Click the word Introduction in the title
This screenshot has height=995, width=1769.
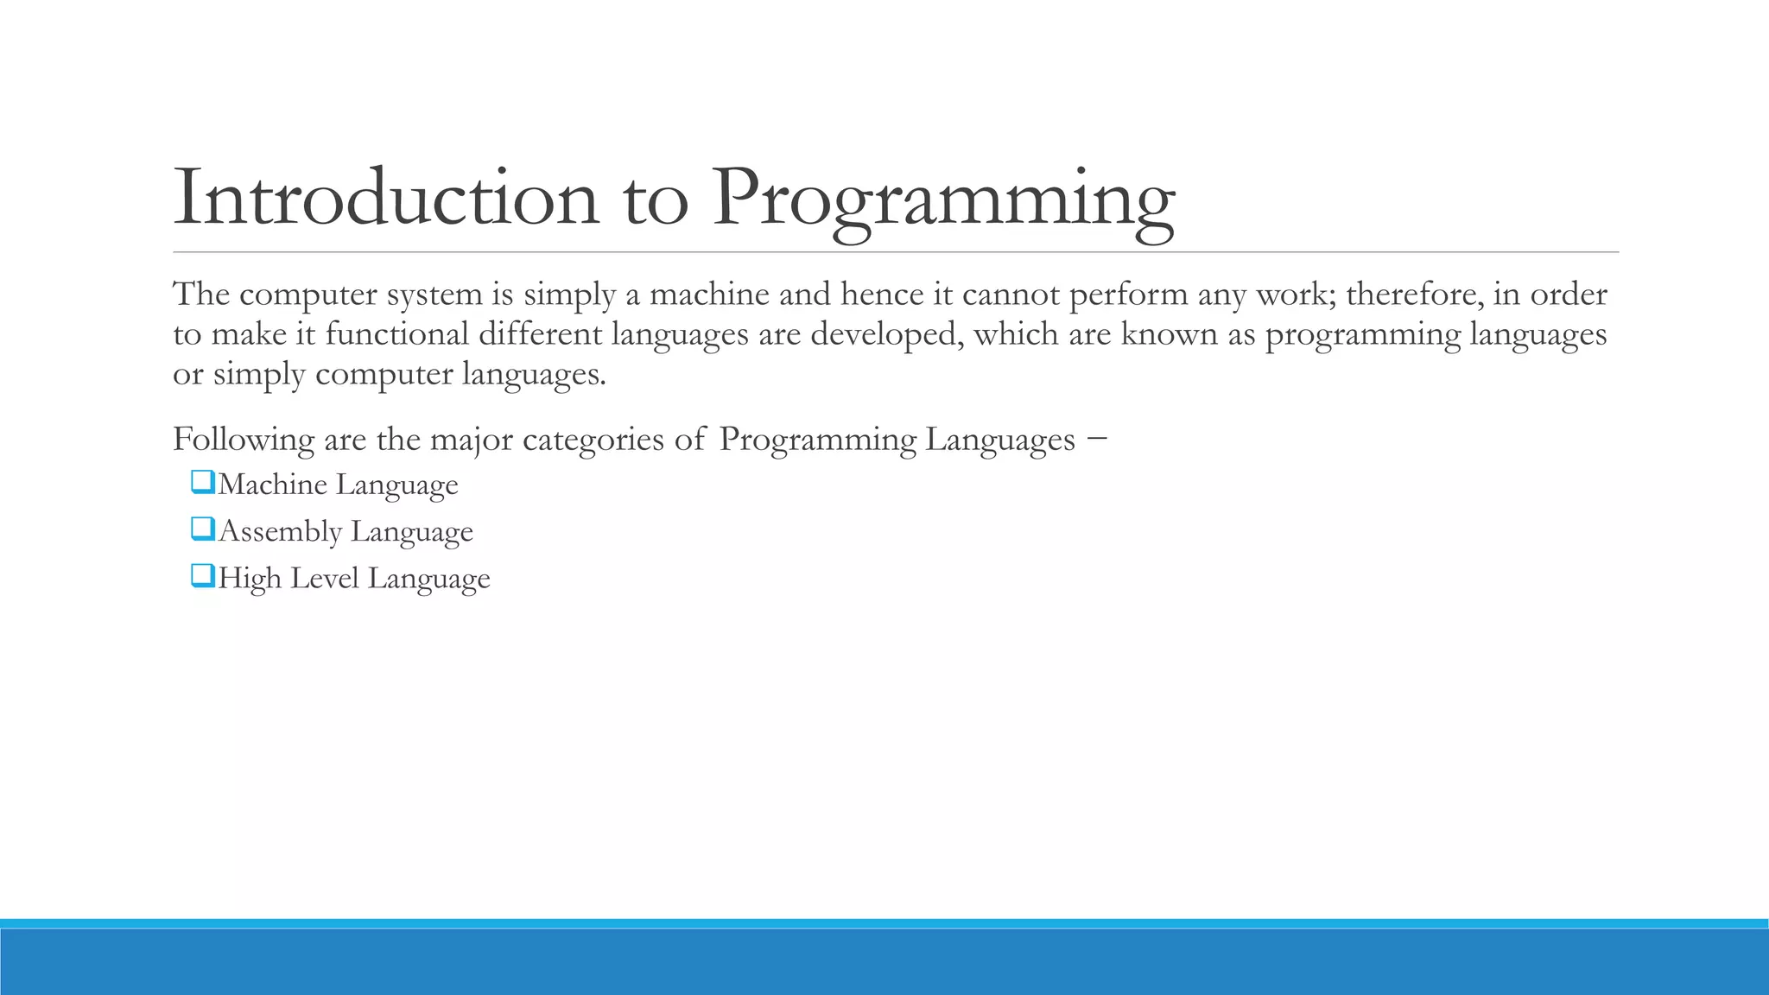click(x=386, y=198)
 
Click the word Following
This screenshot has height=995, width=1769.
click(x=244, y=440)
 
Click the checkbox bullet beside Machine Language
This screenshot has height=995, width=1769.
click(x=202, y=482)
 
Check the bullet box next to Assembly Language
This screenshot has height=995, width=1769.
click(x=202, y=529)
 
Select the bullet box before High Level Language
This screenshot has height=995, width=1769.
click(x=202, y=575)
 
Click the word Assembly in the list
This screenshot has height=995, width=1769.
click(x=280, y=532)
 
